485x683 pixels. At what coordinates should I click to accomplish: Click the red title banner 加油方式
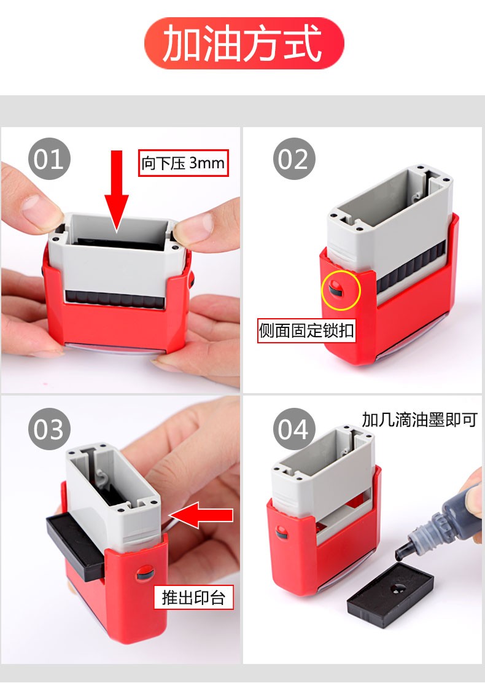click(x=244, y=43)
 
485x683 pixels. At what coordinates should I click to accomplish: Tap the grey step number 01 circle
click(x=49, y=158)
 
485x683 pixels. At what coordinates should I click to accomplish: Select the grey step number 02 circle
click(x=294, y=158)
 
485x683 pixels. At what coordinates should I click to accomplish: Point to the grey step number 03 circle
click(x=49, y=429)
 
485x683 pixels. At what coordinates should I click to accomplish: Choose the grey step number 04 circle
click(x=294, y=429)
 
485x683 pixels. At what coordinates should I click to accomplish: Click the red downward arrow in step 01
click(x=117, y=192)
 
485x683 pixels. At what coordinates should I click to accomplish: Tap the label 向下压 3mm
click(x=184, y=163)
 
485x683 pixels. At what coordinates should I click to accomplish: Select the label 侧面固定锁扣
click(x=306, y=330)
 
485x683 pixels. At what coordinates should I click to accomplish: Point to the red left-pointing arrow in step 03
click(x=201, y=515)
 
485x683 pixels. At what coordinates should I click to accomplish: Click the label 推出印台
click(x=193, y=597)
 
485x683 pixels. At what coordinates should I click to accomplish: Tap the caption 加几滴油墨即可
click(x=420, y=420)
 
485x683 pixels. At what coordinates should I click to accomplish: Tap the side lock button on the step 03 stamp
click(x=145, y=573)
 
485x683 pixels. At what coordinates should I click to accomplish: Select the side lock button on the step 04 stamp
click(x=281, y=533)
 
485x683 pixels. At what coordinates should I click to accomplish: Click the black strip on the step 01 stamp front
click(x=115, y=299)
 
